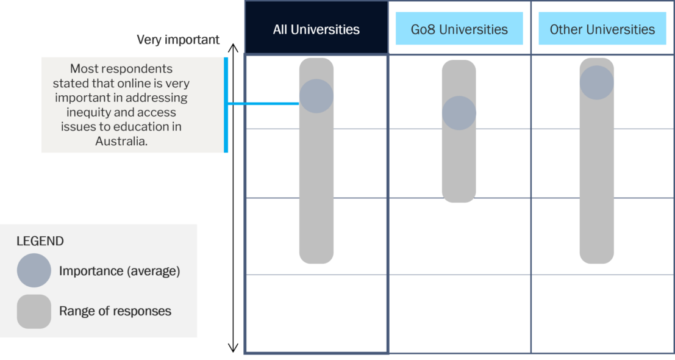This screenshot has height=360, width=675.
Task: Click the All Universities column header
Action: point(316,29)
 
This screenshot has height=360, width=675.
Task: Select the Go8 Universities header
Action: point(459,29)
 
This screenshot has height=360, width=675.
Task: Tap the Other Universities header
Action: point(602,29)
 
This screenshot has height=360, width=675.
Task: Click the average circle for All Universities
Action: point(316,96)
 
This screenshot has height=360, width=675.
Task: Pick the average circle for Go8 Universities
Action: point(459,113)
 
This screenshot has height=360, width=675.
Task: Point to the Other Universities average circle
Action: point(597,83)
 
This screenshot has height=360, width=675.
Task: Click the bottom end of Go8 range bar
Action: point(459,202)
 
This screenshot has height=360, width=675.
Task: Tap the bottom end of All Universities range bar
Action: point(316,263)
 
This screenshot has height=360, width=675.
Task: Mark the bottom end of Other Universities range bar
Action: point(597,263)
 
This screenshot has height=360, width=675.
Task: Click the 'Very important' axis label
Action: point(178,40)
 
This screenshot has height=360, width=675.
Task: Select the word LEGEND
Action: point(40,241)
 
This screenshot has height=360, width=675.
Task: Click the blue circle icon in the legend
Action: point(34,270)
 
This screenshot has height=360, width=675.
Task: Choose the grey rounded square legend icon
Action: point(34,311)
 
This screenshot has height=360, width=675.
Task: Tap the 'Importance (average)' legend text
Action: point(120,271)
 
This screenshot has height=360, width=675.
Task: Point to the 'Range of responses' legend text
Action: point(115,311)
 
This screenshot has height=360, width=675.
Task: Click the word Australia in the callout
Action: point(121,141)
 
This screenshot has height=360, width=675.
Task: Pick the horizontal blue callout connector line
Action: point(263,104)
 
